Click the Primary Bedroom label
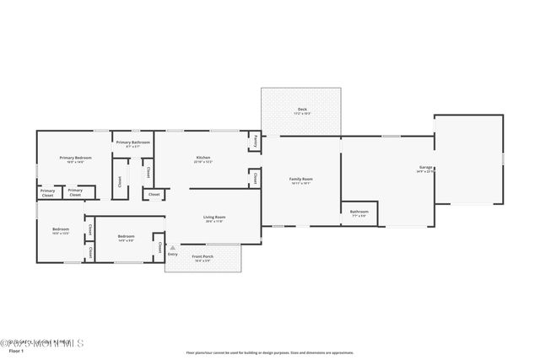(75, 159)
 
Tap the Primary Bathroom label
(133, 142)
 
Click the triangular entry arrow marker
(173, 248)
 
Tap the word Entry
(173, 254)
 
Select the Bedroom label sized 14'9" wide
(126, 236)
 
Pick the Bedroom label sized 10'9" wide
(61, 229)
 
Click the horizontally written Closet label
(154, 195)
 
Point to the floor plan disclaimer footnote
(270, 353)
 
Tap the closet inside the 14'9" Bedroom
(159, 247)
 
